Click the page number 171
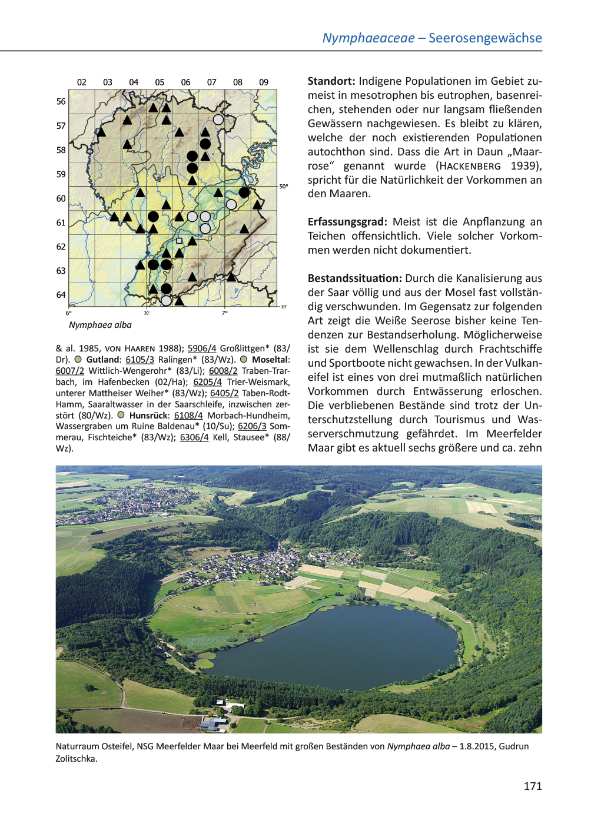pyautogui.click(x=532, y=786)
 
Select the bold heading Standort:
pyautogui.click(x=331, y=81)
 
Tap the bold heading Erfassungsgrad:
pyautogui.click(x=347, y=222)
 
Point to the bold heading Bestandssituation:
pyautogui.click(x=354, y=278)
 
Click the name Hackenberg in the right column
pyautogui.click(x=470, y=167)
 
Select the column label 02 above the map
pyautogui.click(x=82, y=82)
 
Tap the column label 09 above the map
pyautogui.click(x=264, y=82)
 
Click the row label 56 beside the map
pyautogui.click(x=61, y=102)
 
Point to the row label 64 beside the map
pyautogui.click(x=61, y=295)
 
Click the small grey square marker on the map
pyautogui.click(x=180, y=241)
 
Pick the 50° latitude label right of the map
pyautogui.click(x=284, y=187)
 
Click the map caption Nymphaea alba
pyautogui.click(x=100, y=325)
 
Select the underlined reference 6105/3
pyautogui.click(x=140, y=360)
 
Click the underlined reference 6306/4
pyautogui.click(x=194, y=437)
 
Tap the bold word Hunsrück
pyautogui.click(x=148, y=416)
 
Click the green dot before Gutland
pyautogui.click(x=78, y=360)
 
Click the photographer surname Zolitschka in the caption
pyautogui.click(x=76, y=759)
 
